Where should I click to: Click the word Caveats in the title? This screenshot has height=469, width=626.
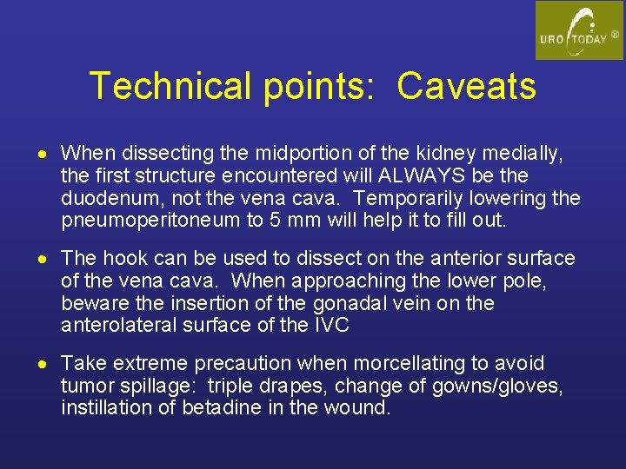(467, 86)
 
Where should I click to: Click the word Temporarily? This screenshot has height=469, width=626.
(415, 199)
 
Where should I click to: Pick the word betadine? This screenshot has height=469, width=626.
(221, 408)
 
